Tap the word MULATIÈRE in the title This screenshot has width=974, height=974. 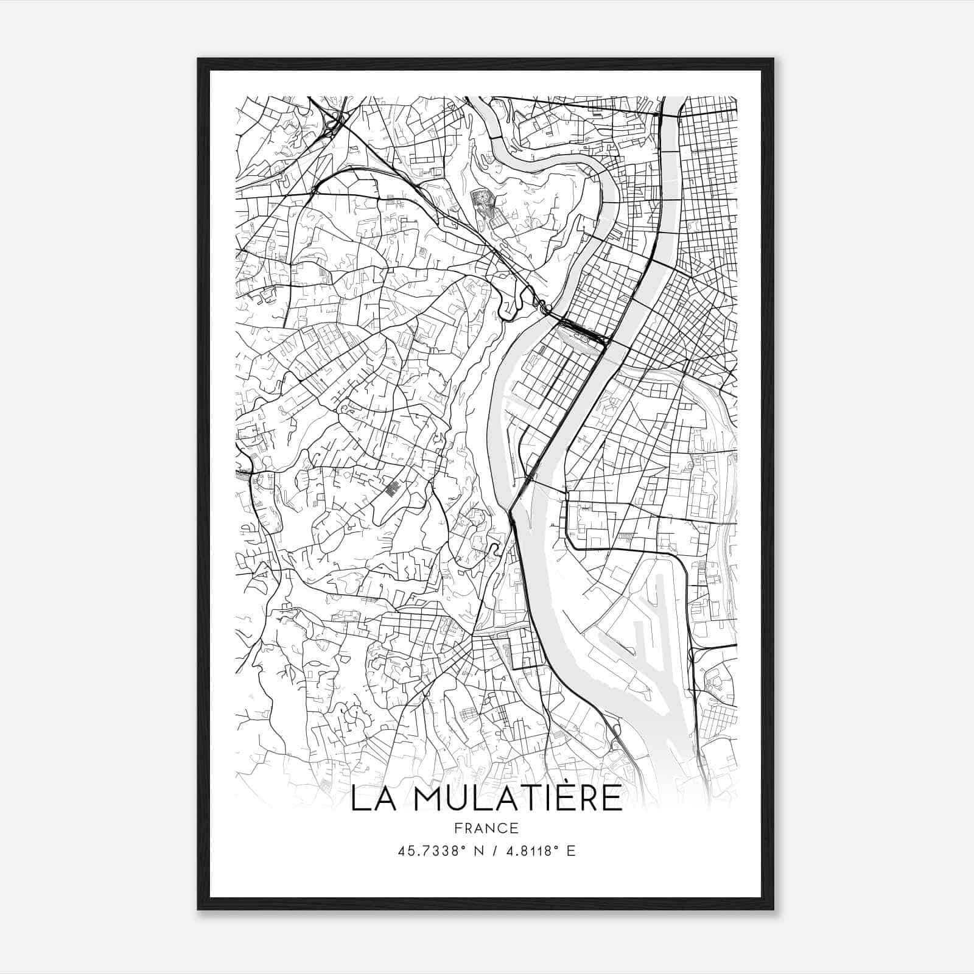[517, 798]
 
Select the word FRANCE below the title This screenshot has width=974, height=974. [485, 828]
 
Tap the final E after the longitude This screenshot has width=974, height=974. [570, 850]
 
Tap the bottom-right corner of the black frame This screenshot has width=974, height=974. [773, 909]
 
